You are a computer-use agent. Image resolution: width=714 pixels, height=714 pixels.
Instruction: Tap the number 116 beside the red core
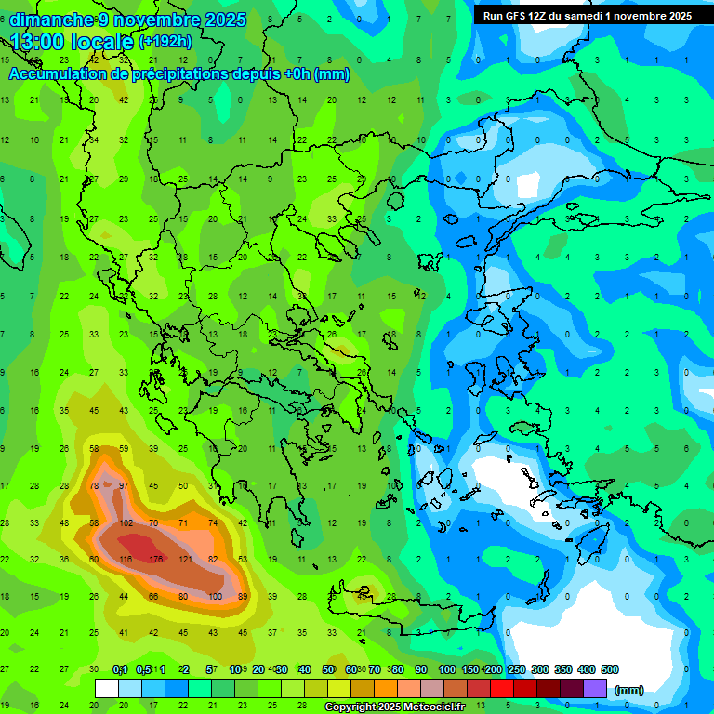pyautogui.click(x=125, y=559)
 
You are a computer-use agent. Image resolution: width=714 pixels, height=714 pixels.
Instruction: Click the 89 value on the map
pyautogui.click(x=244, y=596)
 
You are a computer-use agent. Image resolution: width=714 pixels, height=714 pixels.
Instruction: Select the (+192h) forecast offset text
pyautogui.click(x=165, y=42)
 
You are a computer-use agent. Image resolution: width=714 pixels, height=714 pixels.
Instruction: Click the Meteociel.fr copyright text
pyautogui.click(x=407, y=707)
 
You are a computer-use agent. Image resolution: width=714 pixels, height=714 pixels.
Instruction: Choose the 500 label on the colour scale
pyautogui.click(x=610, y=669)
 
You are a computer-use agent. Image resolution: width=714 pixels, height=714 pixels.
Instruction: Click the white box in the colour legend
pyautogui.click(x=107, y=689)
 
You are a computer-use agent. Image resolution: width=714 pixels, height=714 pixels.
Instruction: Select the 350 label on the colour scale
pyautogui.click(x=562, y=669)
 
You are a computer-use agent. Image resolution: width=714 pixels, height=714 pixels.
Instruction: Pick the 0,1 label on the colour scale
pyautogui.click(x=120, y=669)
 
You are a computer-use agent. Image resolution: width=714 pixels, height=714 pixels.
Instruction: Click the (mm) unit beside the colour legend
pyautogui.click(x=630, y=690)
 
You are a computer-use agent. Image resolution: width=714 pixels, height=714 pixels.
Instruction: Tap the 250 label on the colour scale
pyautogui.click(x=516, y=669)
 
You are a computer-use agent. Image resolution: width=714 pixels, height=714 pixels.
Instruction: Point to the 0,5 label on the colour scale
pyautogui.click(x=143, y=669)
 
